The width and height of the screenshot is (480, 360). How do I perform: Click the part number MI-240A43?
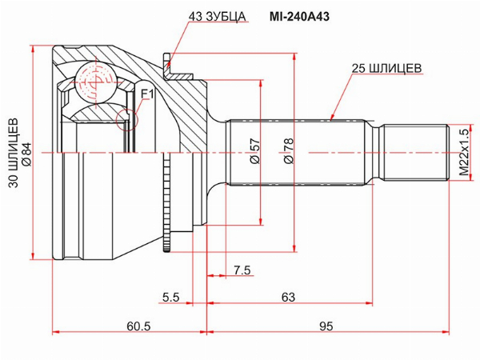299,17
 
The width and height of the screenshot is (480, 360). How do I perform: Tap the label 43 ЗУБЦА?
217,17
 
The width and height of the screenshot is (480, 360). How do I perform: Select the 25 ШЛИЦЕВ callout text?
386,68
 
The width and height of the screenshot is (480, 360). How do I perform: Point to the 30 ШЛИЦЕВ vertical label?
14,153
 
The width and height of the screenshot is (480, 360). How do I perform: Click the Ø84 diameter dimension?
27,154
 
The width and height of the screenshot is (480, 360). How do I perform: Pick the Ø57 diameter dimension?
254,151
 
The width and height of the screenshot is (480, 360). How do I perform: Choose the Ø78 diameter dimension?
288,151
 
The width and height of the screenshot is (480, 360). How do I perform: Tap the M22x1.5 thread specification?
464,152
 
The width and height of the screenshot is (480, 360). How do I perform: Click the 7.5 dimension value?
242,270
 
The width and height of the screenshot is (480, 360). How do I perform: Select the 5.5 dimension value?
171,297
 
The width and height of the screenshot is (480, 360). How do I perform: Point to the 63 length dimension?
288,297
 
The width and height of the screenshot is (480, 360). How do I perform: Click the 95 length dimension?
326,326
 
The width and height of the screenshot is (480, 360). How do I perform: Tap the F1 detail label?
147,94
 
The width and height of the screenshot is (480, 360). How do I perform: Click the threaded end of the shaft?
416,152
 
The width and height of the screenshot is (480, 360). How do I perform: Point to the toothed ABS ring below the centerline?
166,202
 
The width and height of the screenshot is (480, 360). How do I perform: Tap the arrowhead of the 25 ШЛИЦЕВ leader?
331,118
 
